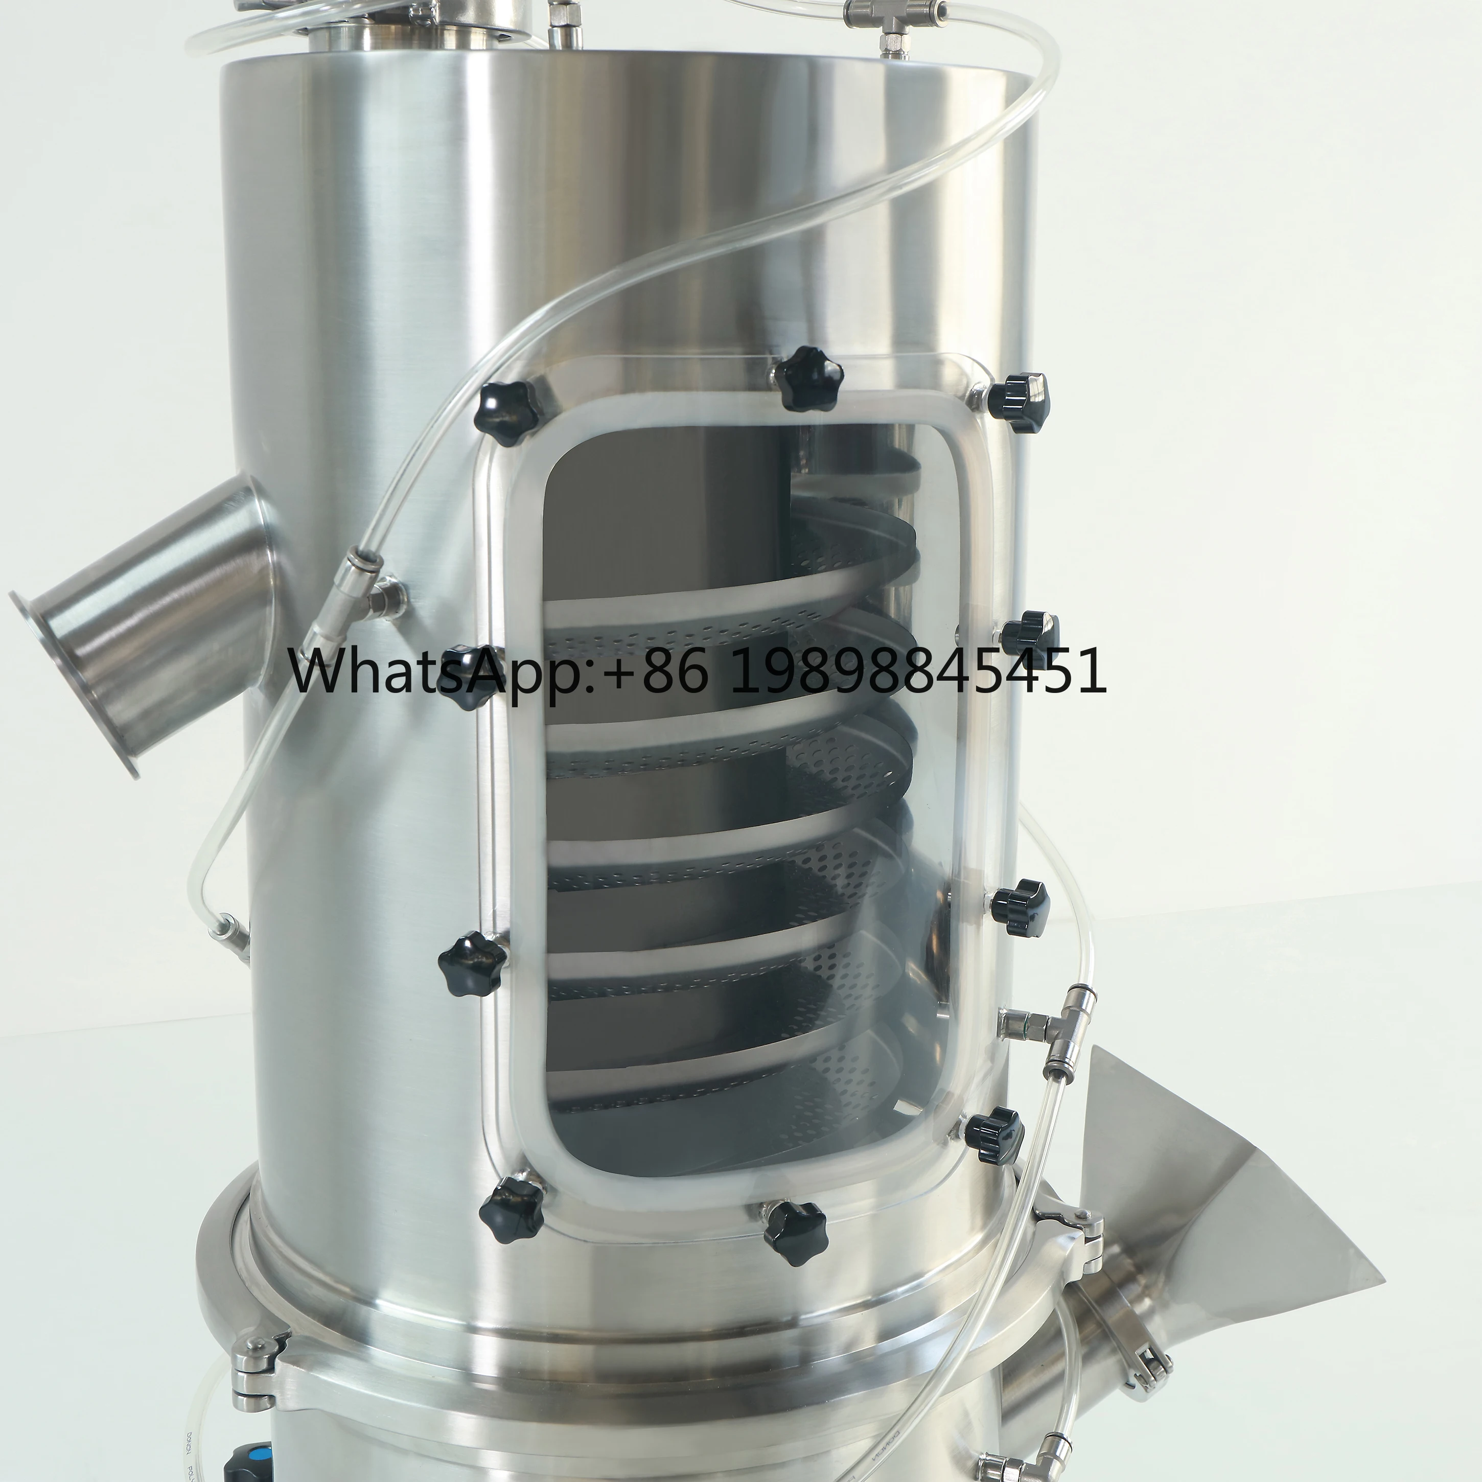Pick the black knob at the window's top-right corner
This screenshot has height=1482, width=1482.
(1017, 399)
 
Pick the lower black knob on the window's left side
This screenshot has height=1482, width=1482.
(471, 963)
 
